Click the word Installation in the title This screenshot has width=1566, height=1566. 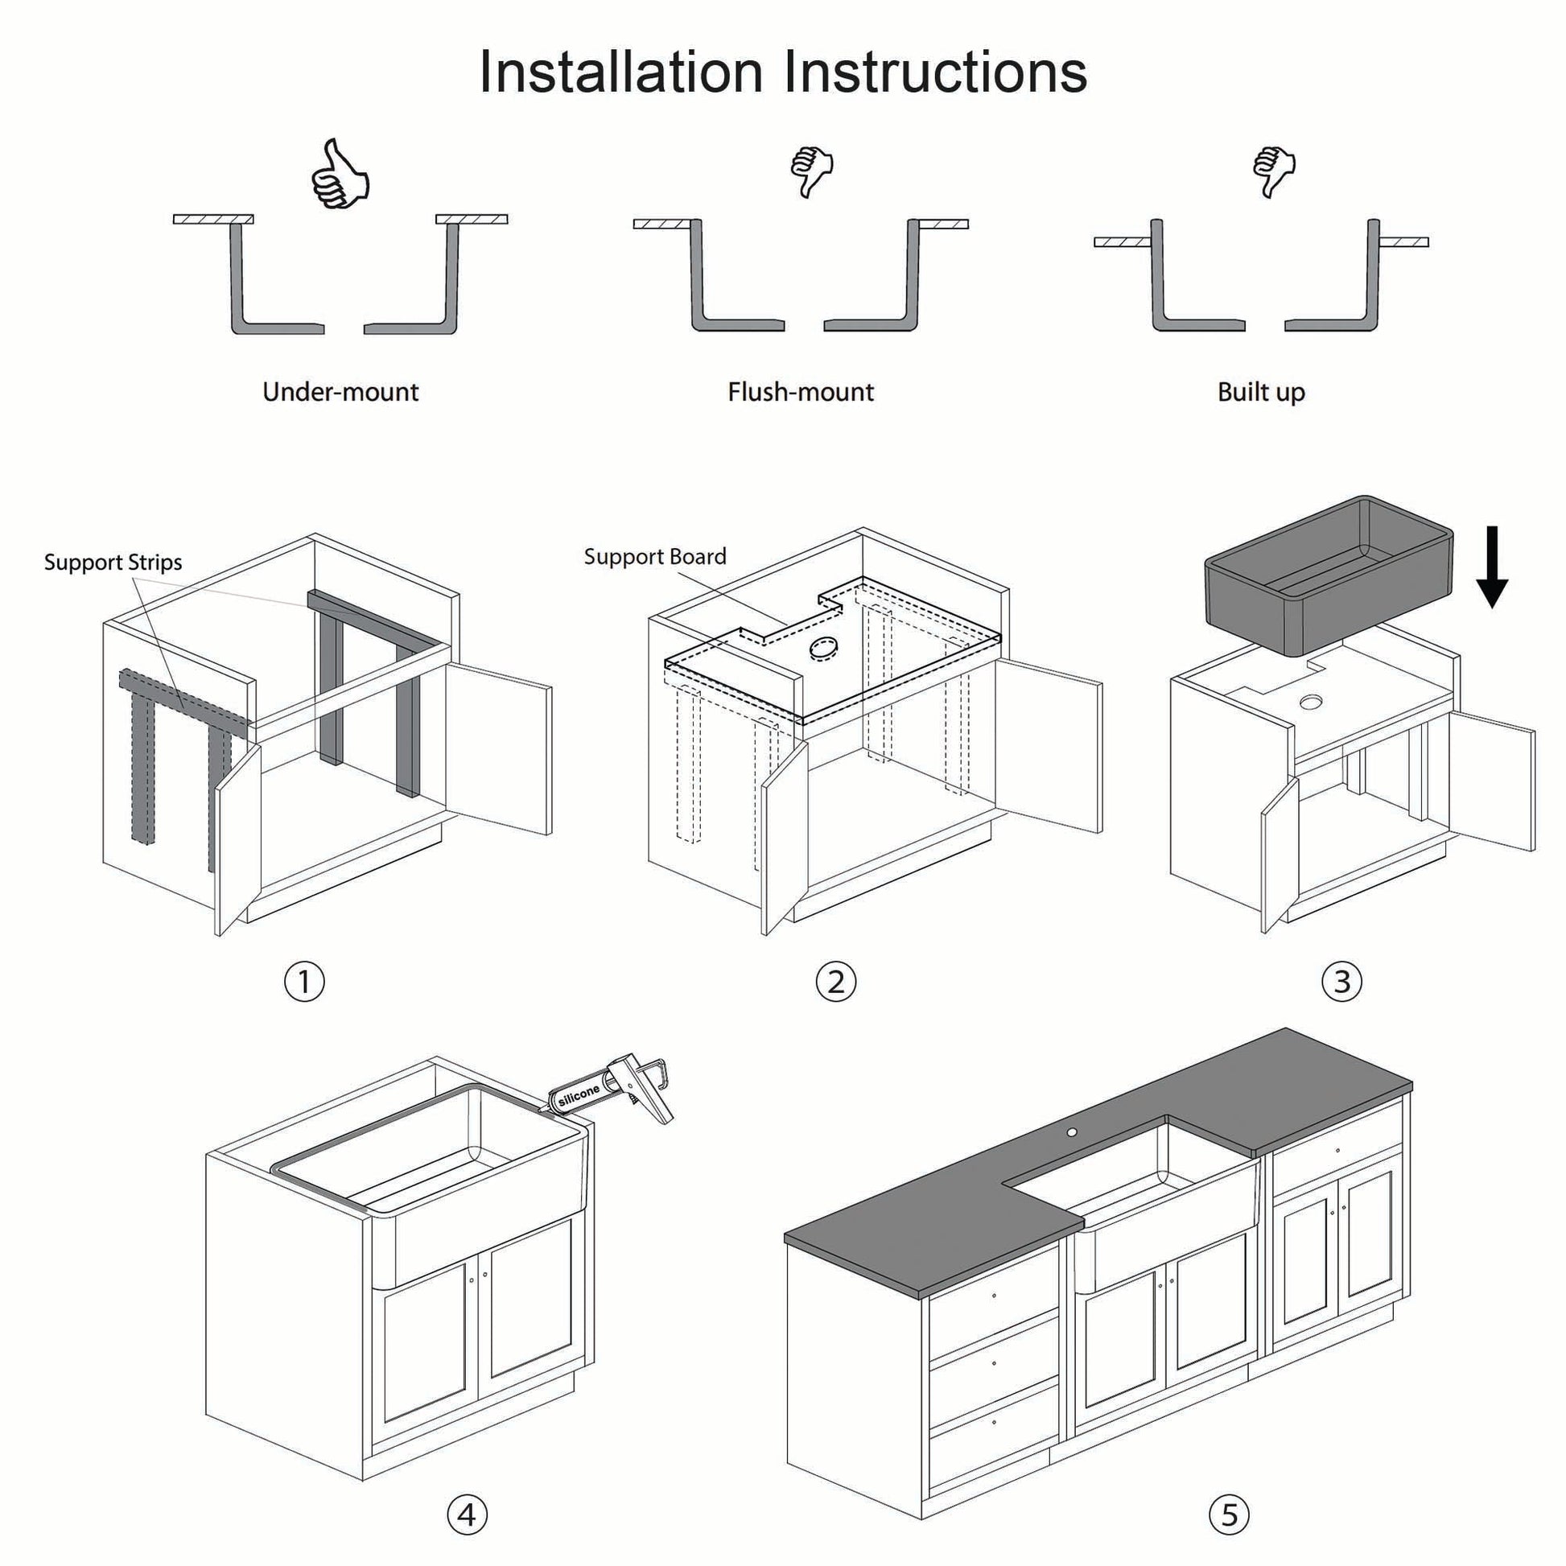[621, 73]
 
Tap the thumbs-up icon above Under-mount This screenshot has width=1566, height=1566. [340, 175]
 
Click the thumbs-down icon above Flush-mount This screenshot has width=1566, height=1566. [811, 171]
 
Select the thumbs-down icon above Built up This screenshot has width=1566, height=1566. [1273, 171]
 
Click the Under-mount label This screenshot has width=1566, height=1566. [340, 393]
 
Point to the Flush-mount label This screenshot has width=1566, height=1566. [800, 393]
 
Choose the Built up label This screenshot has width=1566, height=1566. [1260, 393]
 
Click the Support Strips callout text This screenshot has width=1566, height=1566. [113, 563]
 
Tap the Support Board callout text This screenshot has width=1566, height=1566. [655, 557]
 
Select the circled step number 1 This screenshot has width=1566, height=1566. [305, 982]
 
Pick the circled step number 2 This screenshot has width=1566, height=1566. [835, 982]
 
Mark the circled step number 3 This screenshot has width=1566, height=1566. [1341, 982]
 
